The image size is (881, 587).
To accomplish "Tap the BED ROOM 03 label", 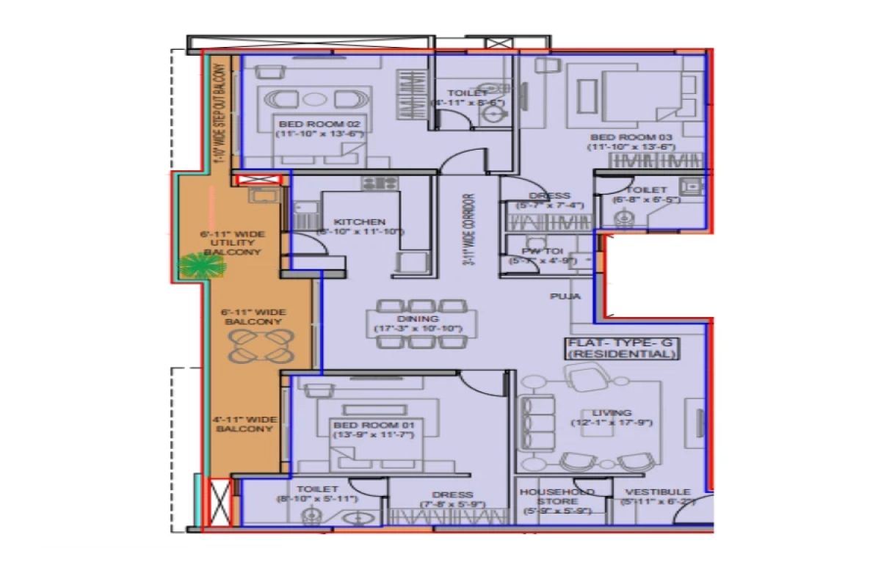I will coord(631,136).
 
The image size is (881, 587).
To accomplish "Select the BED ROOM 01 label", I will coord(374,425).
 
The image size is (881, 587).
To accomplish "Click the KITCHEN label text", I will coord(360,222).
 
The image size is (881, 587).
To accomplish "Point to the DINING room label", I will coord(418,318).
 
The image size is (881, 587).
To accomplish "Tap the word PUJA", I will coord(566,296).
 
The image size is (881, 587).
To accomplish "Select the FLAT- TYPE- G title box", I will coord(621,349).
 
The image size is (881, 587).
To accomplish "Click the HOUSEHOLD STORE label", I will coord(556,497).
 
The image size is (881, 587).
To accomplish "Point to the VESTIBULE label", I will coord(657,492).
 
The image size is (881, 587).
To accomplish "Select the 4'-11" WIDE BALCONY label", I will coord(245,424).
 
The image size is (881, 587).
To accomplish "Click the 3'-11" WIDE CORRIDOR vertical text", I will coord(468,232).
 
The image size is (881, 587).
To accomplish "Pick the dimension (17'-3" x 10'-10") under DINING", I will coord(418,329).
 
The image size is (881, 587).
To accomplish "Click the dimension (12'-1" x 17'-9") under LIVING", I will coord(612,423).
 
